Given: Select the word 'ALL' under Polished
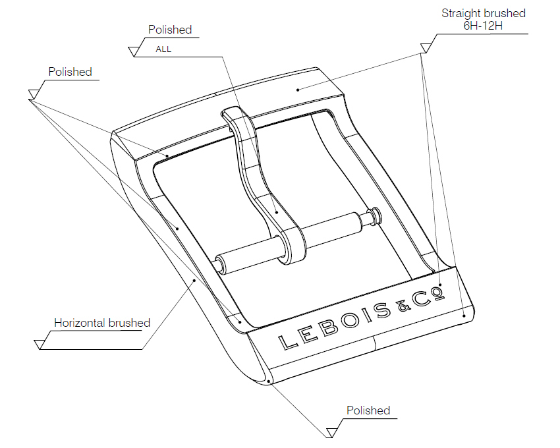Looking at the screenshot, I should (x=163, y=49).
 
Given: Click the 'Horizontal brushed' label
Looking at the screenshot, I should (x=101, y=323).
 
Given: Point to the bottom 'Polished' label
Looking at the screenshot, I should (x=368, y=410).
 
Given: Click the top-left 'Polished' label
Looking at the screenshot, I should (x=70, y=72).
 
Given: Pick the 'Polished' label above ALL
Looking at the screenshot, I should (x=170, y=30).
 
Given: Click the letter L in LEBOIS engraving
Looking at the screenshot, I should (x=287, y=341).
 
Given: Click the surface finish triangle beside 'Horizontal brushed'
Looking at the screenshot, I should (x=42, y=343).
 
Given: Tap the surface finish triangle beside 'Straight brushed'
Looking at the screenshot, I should (x=426, y=47).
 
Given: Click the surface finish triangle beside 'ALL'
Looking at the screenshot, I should (x=137, y=50).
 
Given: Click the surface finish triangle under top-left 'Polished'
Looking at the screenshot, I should (x=34, y=94).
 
